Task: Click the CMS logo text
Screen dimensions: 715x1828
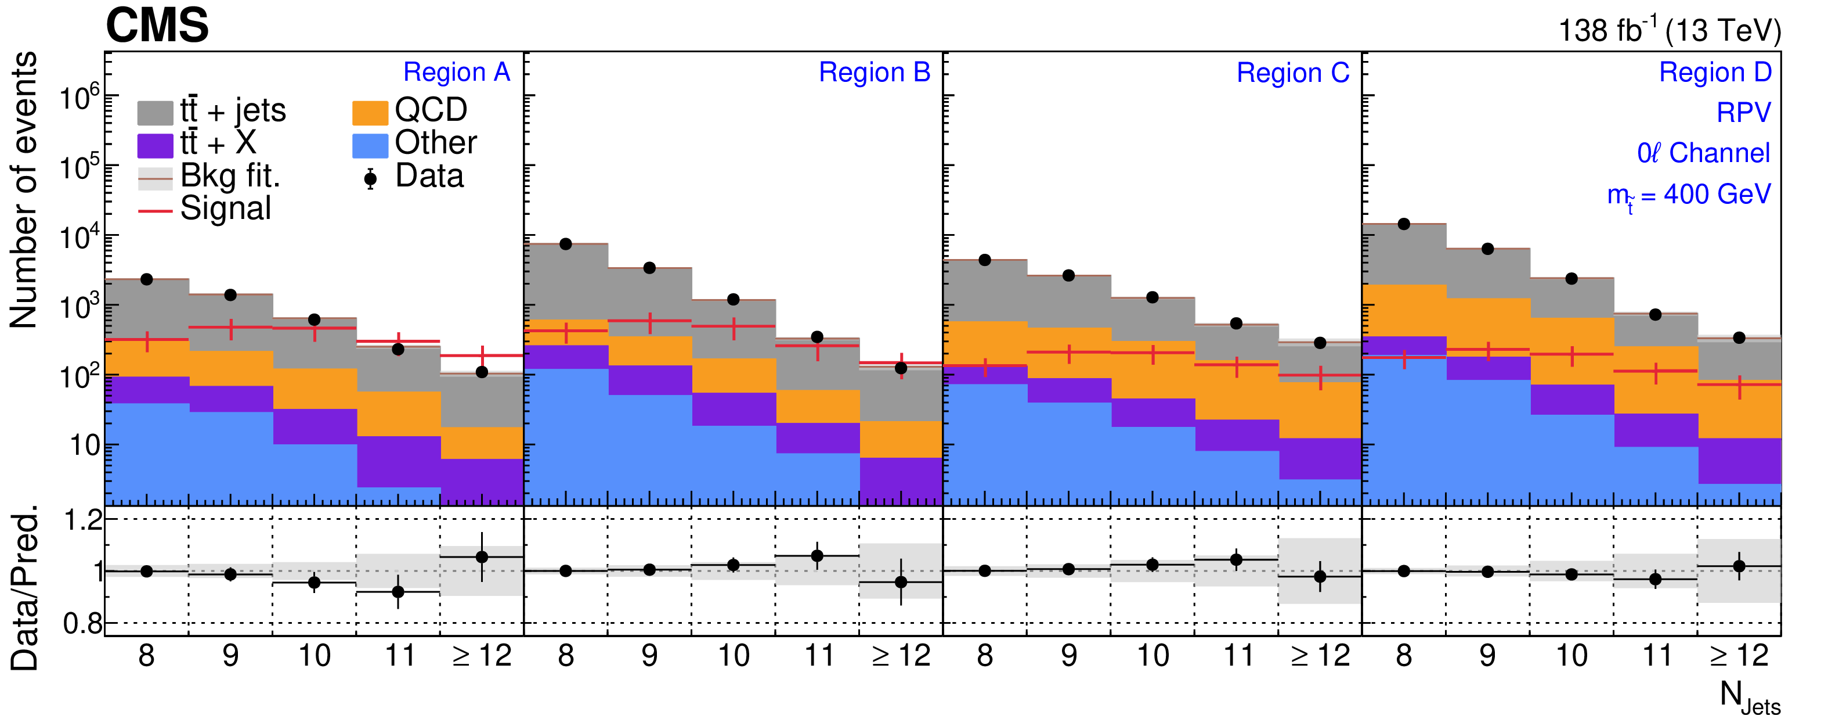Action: click(157, 26)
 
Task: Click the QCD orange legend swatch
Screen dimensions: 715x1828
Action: click(370, 112)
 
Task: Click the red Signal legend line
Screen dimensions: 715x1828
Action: click(155, 211)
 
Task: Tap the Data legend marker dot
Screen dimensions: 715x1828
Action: click(370, 178)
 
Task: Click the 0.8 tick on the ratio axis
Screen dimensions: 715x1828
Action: click(82, 623)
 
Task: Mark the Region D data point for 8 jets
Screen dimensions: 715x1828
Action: click(1404, 224)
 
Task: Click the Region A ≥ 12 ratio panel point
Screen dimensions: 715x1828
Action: click(482, 556)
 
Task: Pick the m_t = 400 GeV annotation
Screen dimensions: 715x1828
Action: click(1688, 195)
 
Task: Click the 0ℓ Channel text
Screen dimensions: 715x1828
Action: click(1703, 153)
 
